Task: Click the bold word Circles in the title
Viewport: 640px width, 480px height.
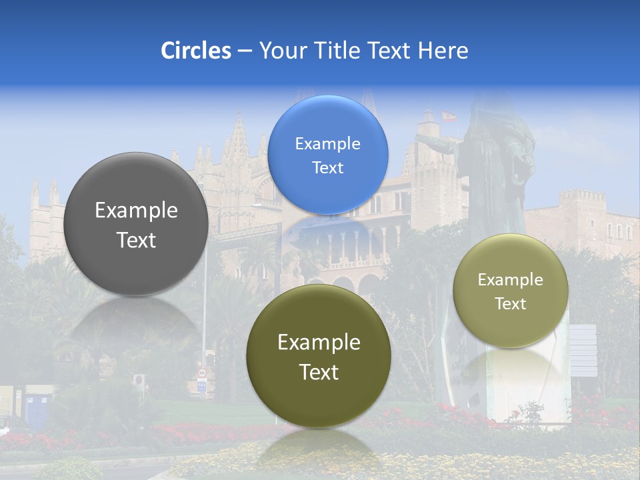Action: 196,51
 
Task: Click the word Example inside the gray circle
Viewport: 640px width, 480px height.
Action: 136,211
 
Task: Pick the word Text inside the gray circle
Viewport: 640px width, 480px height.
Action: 136,240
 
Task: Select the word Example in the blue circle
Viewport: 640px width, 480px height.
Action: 327,144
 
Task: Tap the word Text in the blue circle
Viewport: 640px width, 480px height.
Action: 327,168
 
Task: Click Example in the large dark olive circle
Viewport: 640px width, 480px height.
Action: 319,343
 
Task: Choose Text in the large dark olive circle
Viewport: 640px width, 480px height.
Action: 319,372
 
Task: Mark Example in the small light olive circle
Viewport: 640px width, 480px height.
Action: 510,280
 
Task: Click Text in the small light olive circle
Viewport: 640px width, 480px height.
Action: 510,304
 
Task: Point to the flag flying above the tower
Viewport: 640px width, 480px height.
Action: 448,117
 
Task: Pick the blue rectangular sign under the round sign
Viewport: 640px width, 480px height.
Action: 201,385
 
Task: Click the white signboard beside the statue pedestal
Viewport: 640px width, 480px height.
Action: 583,350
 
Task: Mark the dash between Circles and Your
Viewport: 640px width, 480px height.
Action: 245,51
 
